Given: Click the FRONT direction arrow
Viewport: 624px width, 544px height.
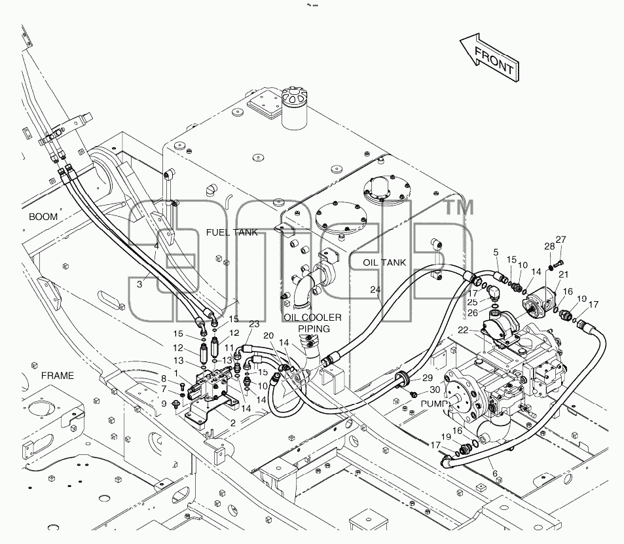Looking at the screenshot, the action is pos(490,58).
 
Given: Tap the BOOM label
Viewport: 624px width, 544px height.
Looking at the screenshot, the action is pos(43,217).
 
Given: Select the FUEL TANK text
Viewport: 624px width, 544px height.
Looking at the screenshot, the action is pos(232,232).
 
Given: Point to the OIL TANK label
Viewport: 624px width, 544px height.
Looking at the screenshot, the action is pos(384,263).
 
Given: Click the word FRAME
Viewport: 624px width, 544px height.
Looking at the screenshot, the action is pos(58,376).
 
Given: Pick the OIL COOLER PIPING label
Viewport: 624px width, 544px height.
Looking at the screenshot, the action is pos(313,323).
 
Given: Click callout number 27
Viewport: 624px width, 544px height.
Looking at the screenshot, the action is pos(560,240).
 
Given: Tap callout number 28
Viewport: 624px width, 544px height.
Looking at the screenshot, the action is pos(549,246).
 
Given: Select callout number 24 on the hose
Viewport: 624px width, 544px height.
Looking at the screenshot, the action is pos(375,290).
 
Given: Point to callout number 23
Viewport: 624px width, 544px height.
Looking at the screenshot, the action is pos(254,324).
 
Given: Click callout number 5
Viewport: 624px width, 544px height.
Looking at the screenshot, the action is pos(496,252).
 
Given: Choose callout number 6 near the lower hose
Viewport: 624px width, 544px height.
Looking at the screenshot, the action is pos(495,473).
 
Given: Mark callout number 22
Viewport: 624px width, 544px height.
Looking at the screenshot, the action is pos(463,331).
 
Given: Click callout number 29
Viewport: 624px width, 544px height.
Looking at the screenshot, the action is pos(428,378).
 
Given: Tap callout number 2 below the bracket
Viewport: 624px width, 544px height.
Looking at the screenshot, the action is pos(233,424).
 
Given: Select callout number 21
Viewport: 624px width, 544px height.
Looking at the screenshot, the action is pos(564,274).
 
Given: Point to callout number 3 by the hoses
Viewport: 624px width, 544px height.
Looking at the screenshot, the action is pos(139,284).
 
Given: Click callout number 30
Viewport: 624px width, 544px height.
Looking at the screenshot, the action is pos(435,390).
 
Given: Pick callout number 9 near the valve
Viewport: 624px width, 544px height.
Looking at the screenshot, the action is pos(164,404).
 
